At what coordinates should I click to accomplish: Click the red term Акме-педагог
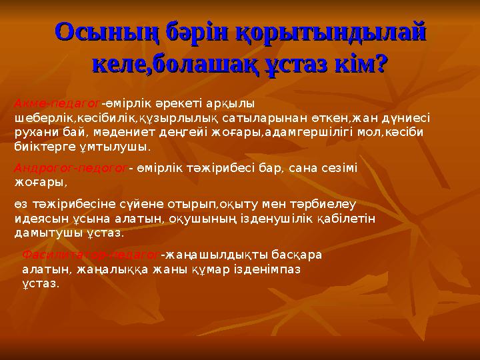[x=57, y=103]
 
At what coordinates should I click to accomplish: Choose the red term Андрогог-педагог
[x=70, y=168]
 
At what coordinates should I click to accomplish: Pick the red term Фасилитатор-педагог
[x=91, y=254]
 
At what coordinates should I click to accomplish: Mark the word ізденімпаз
[x=261, y=269]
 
